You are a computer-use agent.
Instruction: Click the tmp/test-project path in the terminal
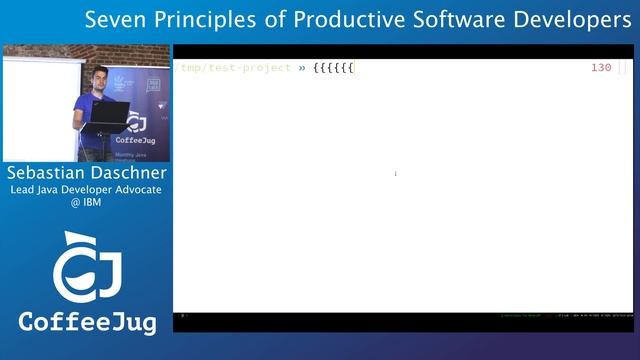236,68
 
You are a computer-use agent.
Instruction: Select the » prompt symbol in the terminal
301,68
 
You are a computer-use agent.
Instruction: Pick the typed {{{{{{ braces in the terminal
332,68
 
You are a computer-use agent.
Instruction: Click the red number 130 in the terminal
601,68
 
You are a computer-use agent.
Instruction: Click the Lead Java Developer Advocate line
86,189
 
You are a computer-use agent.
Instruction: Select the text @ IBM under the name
85,203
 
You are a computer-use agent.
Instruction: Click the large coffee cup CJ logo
86,268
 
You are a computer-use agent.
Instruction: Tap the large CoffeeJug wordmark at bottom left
86,322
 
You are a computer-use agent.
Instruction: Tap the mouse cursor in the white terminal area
395,174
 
